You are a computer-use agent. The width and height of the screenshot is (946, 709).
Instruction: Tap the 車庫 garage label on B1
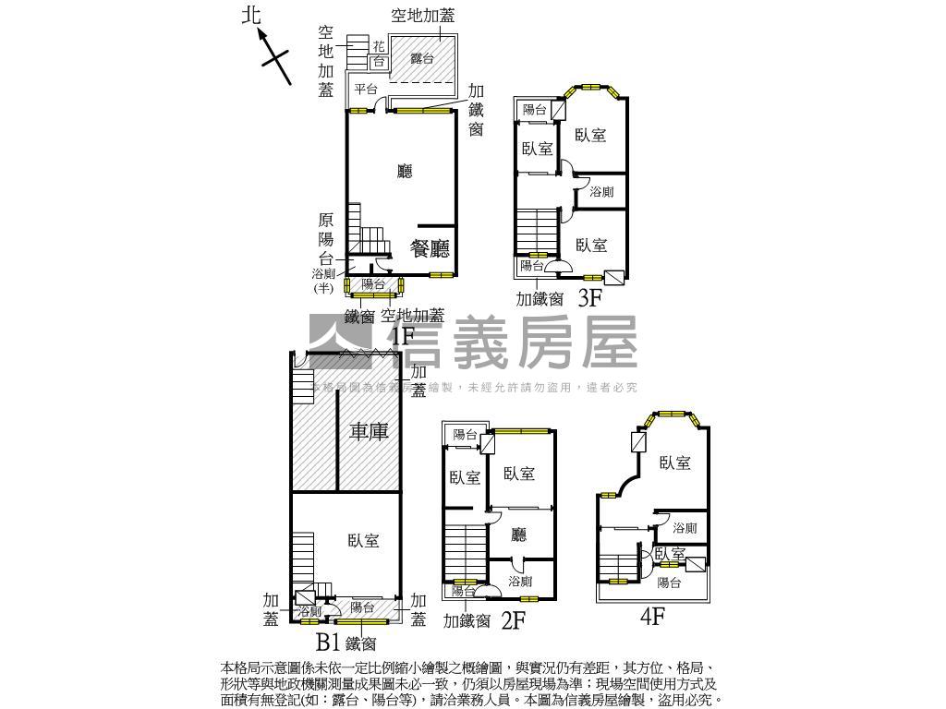point(369,431)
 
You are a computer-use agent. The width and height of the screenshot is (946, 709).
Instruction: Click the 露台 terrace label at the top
point(422,58)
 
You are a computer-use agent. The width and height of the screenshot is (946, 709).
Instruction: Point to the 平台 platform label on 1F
point(366,90)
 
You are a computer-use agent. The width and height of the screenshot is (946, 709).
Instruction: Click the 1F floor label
point(404,336)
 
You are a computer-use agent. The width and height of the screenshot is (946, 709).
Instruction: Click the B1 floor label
point(330,642)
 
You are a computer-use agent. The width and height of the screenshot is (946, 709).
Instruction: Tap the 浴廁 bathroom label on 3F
point(600,192)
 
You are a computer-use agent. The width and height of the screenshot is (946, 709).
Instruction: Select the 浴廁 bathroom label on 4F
point(685,528)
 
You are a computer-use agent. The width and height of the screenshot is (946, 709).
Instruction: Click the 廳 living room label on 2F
point(519,534)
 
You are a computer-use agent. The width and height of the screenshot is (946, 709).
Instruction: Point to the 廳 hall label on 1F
point(404,171)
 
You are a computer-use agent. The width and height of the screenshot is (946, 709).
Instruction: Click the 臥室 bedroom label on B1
point(363,541)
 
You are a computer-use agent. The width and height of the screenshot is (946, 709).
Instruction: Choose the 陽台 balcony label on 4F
point(669,583)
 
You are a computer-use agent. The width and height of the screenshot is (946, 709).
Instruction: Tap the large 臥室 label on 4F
point(674,463)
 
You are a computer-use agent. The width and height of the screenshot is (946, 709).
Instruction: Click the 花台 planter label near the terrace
point(378,54)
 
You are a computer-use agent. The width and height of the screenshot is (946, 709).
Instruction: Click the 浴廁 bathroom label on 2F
point(520,582)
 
